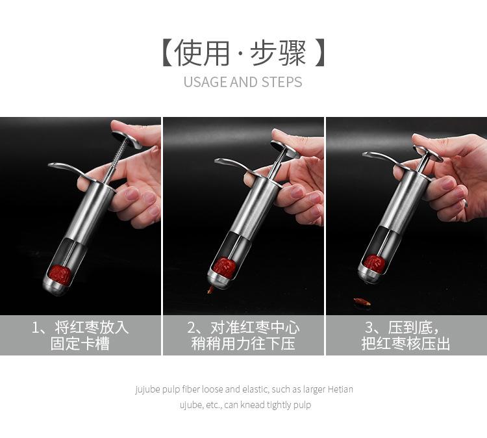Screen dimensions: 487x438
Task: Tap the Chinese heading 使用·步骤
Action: coord(243,53)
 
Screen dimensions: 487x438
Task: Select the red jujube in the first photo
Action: coord(60,275)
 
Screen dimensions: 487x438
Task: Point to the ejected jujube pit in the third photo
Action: coord(363,301)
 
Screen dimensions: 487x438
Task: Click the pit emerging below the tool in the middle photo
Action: coord(210,290)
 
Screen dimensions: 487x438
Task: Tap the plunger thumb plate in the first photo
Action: coord(127,138)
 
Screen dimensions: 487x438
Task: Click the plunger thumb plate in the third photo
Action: coord(429,153)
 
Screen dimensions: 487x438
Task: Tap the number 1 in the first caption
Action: coord(35,328)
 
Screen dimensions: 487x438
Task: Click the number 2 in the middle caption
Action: coord(192,328)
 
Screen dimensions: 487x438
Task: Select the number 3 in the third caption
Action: coord(369,328)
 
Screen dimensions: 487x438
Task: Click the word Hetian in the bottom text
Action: coord(340,389)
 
